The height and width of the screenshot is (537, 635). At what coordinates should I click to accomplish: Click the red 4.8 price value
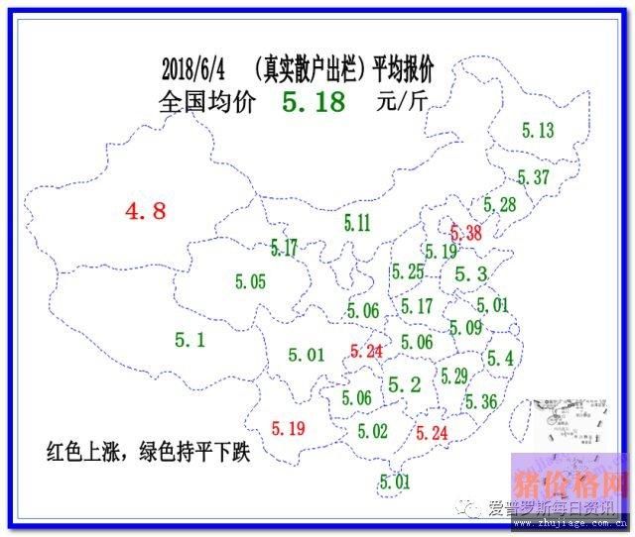[x=145, y=210]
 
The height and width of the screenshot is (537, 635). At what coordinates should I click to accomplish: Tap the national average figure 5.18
[x=314, y=101]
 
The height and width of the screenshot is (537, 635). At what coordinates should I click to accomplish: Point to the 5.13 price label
[x=537, y=130]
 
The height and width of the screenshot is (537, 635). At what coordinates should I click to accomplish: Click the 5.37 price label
[x=533, y=177]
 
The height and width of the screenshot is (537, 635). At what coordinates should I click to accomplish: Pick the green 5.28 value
[x=500, y=205]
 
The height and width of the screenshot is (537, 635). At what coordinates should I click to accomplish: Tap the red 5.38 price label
[x=465, y=234]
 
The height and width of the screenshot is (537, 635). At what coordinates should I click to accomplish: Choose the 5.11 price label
[x=356, y=223]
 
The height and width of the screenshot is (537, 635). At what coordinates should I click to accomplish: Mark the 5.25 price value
[x=407, y=272]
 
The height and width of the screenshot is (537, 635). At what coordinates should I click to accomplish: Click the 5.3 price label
[x=469, y=274]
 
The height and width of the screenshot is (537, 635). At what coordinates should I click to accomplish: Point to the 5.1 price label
[x=190, y=340]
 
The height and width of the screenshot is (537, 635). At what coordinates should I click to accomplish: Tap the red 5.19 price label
[x=288, y=428]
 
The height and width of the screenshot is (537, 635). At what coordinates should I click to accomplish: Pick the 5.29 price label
[x=455, y=376]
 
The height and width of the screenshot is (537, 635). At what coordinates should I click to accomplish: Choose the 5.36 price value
[x=480, y=401]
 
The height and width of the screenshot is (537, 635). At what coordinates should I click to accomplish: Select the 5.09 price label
[x=465, y=328]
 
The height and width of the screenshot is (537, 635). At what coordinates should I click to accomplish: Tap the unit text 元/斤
[x=403, y=101]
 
